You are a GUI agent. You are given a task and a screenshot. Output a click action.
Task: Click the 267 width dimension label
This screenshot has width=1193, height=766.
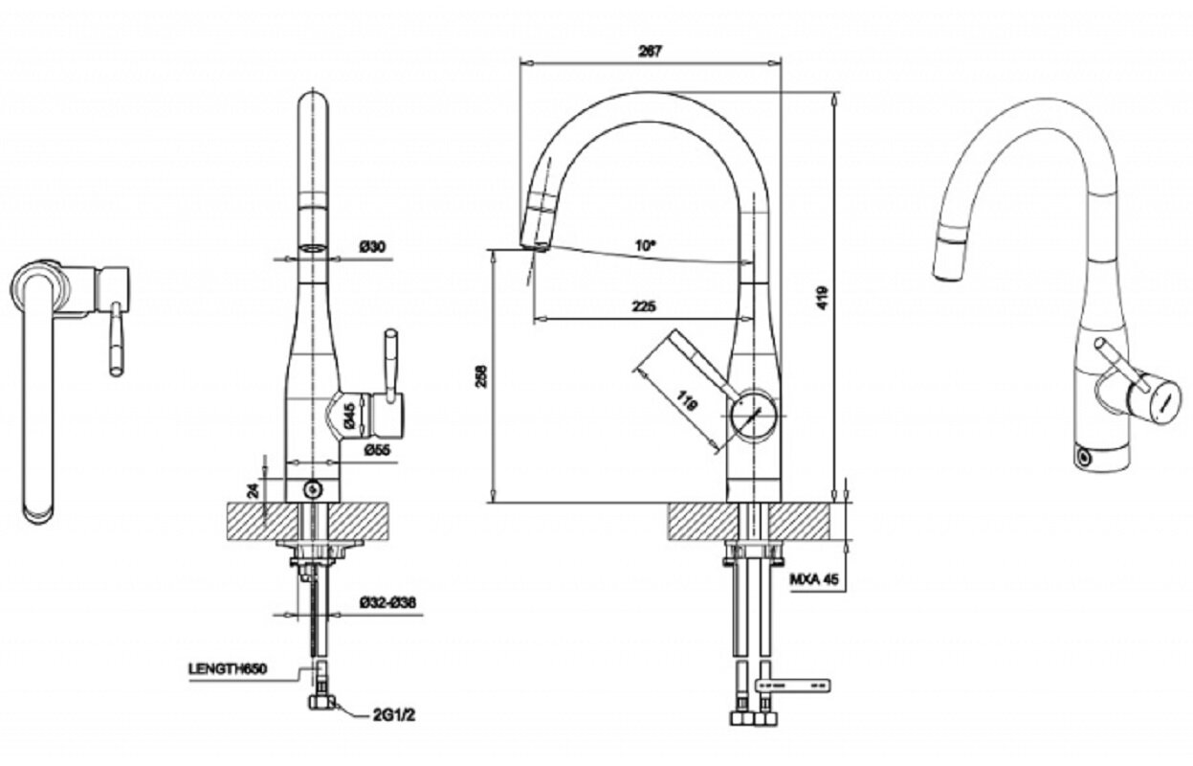pos(650,52)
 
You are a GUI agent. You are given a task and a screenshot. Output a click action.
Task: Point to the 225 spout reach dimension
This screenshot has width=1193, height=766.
pos(644,306)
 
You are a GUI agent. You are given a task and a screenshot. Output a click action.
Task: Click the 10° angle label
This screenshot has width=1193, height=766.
pos(648,245)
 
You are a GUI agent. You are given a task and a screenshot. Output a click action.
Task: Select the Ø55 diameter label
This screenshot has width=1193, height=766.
pos(374,449)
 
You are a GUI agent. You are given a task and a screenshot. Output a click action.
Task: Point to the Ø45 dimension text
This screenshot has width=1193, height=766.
pos(349,415)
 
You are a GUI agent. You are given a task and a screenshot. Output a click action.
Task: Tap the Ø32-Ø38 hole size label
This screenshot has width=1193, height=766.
pos(387,602)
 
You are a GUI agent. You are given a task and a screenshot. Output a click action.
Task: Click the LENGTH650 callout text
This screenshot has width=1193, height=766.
pos(227,668)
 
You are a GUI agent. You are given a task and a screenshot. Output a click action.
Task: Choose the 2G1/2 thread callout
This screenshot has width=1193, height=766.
pos(374,712)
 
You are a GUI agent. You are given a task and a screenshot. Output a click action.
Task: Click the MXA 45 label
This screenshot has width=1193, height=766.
pos(814,579)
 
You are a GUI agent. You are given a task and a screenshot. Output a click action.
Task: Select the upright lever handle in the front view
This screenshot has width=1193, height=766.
pos(390,363)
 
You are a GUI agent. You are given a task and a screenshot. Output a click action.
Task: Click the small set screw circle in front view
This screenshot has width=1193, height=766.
pos(311,489)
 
